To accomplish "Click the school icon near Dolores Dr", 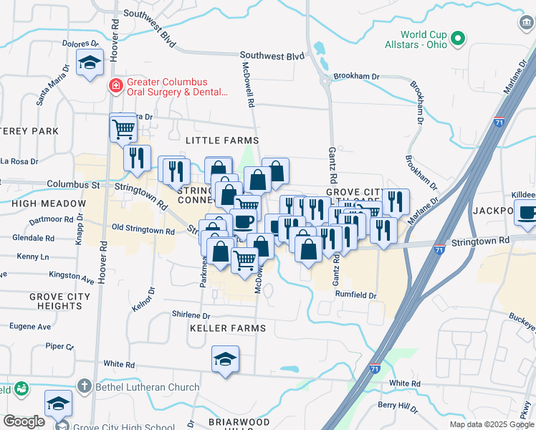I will point(90,64).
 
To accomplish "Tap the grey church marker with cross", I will point(84,388).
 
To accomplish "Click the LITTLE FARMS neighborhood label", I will point(221,140).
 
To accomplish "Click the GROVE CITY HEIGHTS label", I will point(60,301).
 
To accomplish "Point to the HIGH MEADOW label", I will point(40,204).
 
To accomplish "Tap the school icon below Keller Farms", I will point(225,358).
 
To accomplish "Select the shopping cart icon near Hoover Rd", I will point(123,128).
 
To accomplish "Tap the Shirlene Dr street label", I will point(191,315).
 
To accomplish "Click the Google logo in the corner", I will point(24,421).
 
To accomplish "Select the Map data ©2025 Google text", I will point(492,424).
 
